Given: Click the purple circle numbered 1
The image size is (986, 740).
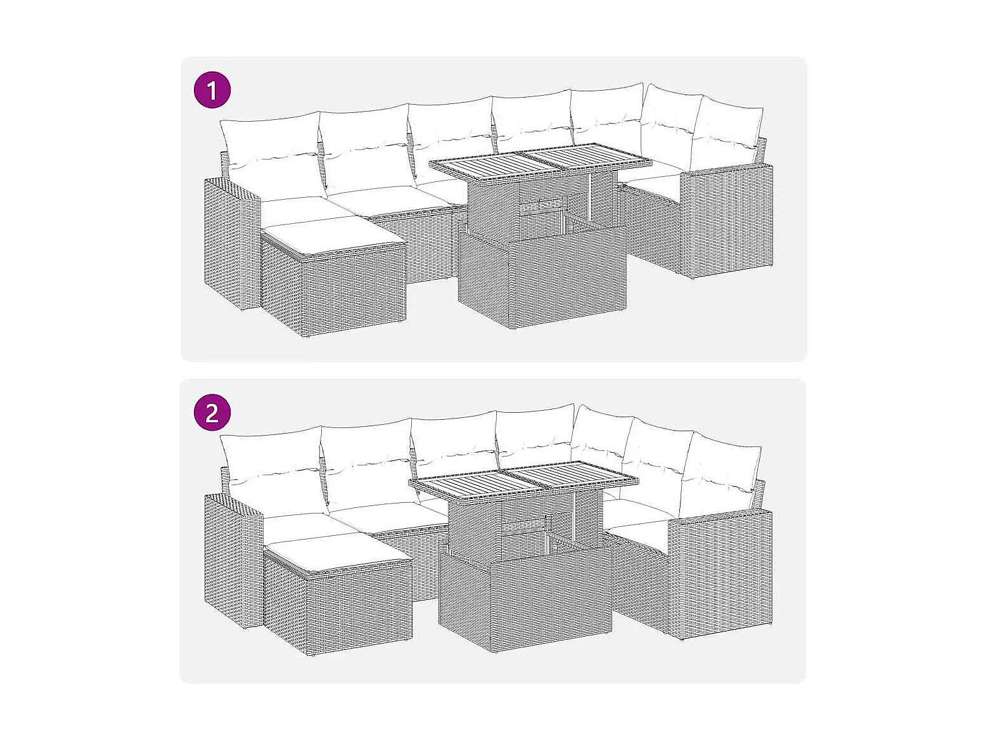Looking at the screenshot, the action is click(x=212, y=89).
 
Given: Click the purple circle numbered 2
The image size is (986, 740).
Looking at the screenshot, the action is click(x=212, y=412).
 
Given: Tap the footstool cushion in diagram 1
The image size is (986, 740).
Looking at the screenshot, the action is click(x=333, y=238).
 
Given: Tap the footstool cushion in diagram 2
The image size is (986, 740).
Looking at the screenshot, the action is click(x=338, y=554).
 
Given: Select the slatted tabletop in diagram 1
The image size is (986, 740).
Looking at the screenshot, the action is click(x=541, y=164).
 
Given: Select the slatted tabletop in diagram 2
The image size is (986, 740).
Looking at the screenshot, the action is click(x=523, y=481).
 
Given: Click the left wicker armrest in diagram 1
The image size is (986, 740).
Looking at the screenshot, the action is click(x=231, y=243).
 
